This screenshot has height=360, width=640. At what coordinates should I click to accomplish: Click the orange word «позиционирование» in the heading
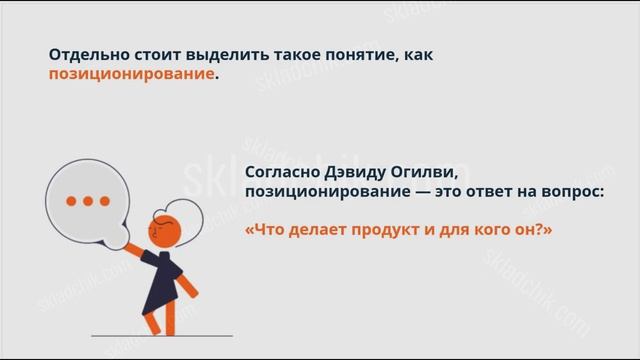[131, 75]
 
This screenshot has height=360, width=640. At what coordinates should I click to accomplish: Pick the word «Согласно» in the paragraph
[284, 170]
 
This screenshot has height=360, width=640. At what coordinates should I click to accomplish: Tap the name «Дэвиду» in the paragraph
[350, 170]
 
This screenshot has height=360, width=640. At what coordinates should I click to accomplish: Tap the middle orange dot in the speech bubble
[89, 201]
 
